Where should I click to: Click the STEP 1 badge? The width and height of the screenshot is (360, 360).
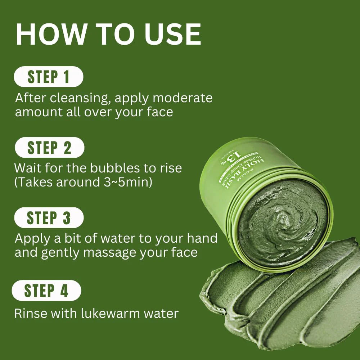tap(49, 77)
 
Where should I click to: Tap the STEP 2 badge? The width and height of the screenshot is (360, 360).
tap(49, 148)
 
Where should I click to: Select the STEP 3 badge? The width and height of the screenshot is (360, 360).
tap(49, 218)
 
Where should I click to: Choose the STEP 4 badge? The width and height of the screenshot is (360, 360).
tap(46, 291)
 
